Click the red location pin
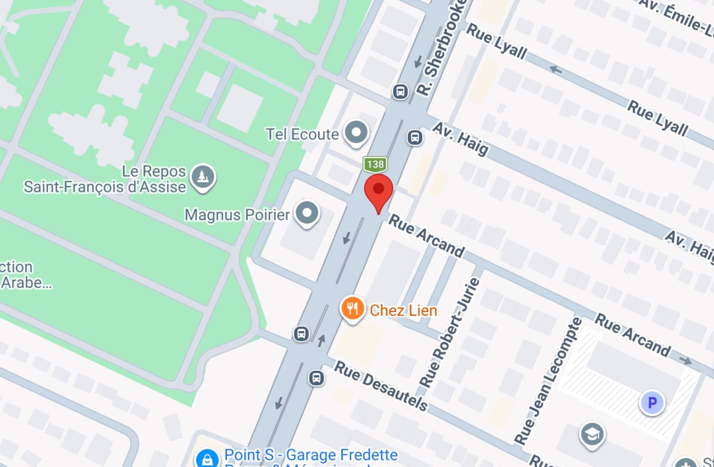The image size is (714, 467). [378, 190]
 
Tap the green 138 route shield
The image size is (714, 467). [375, 164]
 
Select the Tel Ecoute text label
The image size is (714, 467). [302, 134]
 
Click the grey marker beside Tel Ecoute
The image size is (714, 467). [356, 132]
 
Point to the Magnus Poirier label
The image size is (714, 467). [237, 215]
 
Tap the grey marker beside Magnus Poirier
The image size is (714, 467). [307, 213]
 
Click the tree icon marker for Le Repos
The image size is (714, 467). [203, 177]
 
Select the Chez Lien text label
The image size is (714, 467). [403, 310]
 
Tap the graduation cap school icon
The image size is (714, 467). [592, 434]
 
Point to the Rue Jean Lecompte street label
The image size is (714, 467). [548, 380]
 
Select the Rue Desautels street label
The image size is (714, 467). [381, 386]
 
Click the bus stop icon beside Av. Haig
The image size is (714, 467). [414, 138]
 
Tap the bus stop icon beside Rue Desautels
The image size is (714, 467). [316, 378]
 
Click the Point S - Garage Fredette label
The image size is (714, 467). [311, 455]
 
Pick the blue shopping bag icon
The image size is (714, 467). [207, 459]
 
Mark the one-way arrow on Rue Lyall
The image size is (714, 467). [556, 69]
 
